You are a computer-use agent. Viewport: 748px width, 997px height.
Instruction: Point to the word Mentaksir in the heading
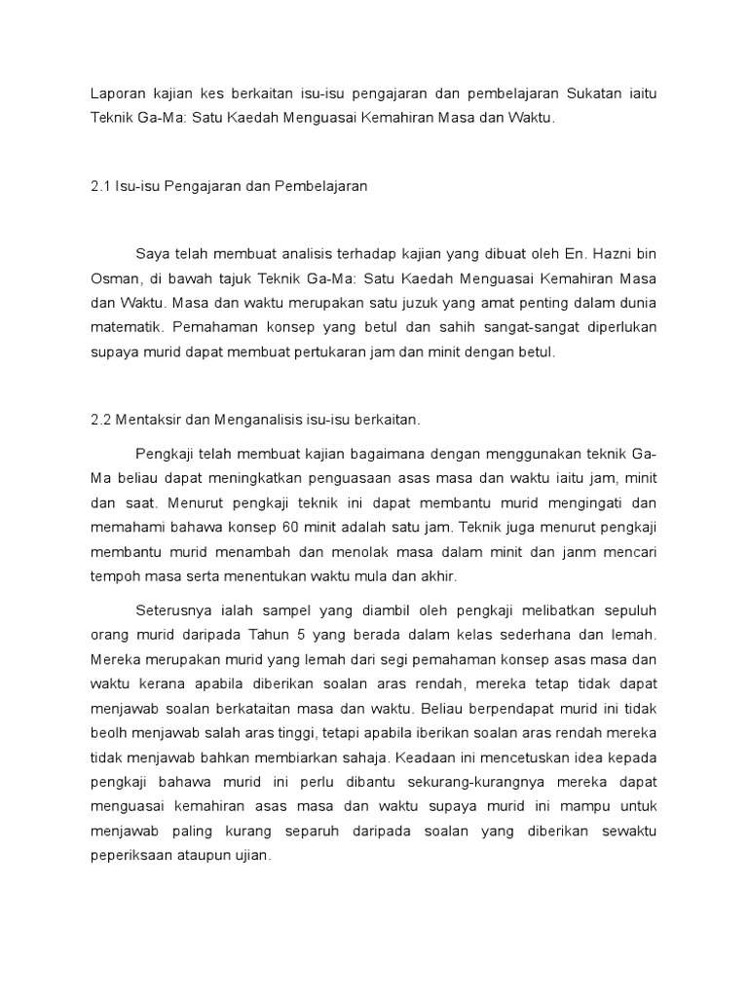coord(153,420)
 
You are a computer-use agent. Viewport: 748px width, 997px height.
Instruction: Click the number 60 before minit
coord(359,529)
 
